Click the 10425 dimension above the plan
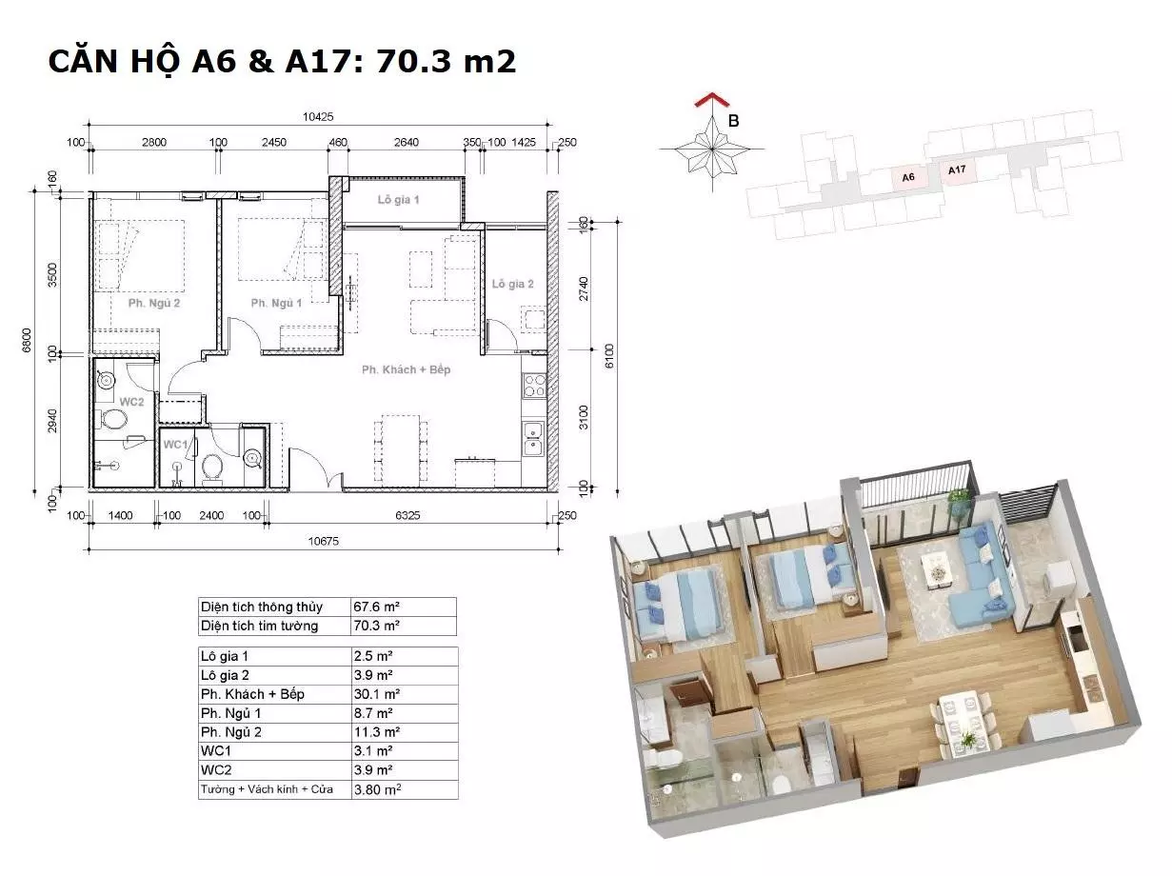point(318,116)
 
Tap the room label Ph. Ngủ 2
point(154,303)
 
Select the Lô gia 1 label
point(398,200)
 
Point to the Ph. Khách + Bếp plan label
point(406,369)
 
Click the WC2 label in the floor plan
point(131,402)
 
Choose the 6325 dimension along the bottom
point(407,515)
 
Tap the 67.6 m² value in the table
point(376,607)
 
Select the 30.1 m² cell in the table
point(376,694)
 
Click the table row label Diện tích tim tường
point(259,626)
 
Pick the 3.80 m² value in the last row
point(377,789)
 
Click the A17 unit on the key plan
point(957,169)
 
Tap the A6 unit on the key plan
point(908,177)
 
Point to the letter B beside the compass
point(734,121)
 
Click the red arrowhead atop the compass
point(712,99)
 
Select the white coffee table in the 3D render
point(938,570)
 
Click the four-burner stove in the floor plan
point(534,386)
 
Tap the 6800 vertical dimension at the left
point(26,340)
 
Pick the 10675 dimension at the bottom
point(323,541)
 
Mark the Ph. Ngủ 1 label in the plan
point(276,303)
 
